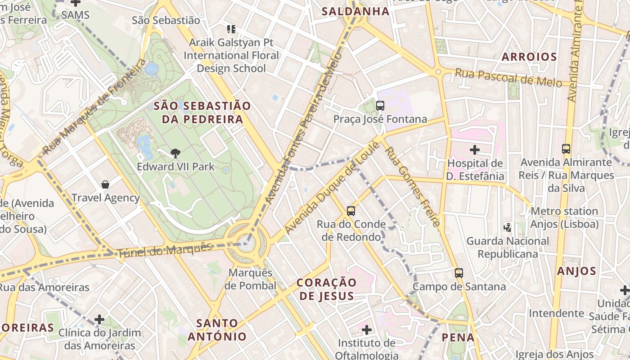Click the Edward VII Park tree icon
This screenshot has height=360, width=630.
point(175,153)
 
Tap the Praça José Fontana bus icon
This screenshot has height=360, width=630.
point(380,106)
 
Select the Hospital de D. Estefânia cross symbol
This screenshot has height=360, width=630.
point(475,150)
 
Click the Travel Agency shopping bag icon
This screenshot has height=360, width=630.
point(105,184)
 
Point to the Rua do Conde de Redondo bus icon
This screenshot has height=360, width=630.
point(351,211)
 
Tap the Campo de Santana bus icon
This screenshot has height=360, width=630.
point(459,273)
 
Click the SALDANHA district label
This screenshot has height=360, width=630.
point(355,11)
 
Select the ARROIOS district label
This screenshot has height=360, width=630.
point(529,57)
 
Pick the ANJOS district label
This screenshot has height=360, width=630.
point(576,271)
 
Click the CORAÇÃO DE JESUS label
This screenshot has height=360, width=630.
point(327,289)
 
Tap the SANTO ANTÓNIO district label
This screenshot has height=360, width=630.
point(217,329)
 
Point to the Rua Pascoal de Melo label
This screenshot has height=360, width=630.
point(508,77)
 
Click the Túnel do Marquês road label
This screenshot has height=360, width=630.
point(165,250)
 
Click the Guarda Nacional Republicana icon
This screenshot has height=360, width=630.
point(508,228)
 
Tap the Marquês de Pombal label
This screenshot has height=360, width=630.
point(251,279)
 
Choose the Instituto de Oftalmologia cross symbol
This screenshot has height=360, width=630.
point(367,330)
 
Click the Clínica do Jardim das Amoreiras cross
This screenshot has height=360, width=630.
point(99,320)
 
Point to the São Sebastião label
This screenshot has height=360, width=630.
point(166,20)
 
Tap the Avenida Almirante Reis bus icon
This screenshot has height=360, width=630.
point(566,148)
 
